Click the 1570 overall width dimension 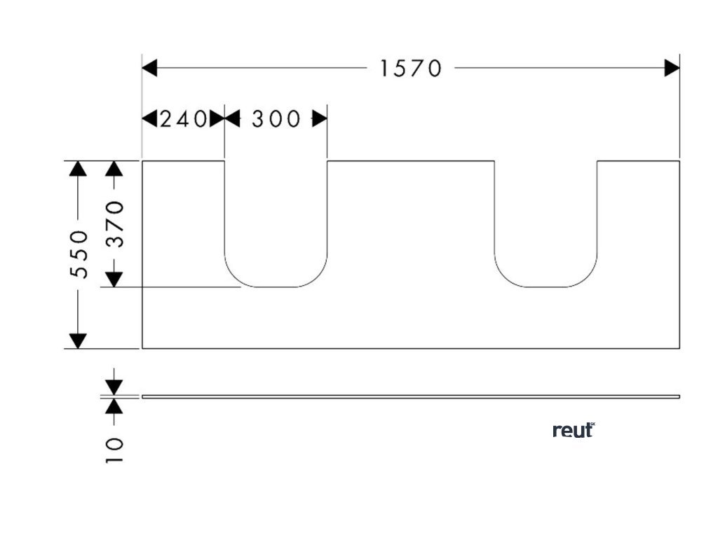tap(411, 68)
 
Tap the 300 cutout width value tap(276, 119)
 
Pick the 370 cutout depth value tap(115, 224)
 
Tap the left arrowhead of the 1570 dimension tap(149, 68)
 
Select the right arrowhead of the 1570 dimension tap(672, 68)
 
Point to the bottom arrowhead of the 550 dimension tap(79, 340)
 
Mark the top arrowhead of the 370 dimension tap(114, 168)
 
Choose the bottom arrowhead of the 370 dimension tap(114, 280)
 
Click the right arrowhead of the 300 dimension tap(320, 119)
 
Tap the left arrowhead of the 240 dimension tap(149, 119)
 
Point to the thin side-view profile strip tap(411, 396)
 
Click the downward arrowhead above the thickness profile tap(114, 387)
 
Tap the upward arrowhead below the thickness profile tap(114, 406)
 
